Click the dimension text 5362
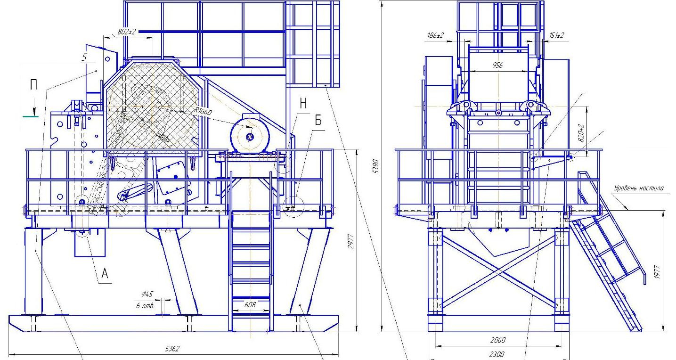pos(172,349)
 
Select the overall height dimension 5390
pos(376,166)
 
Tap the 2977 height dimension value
pos(350,241)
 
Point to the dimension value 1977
pos(658,271)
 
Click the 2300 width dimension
pos(497,354)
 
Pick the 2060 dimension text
pos(497,340)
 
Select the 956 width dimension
pos(497,65)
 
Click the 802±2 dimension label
pos(126,32)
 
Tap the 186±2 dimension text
pos(435,35)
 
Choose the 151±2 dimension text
pos(557,35)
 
